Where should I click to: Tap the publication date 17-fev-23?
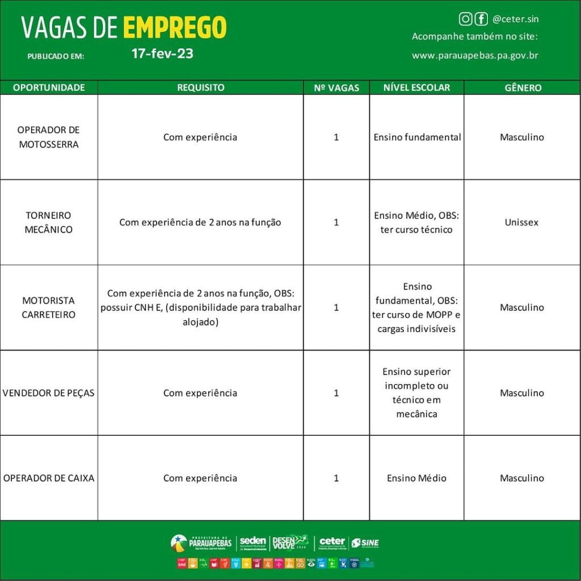(x=162, y=54)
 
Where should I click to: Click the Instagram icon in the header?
(x=465, y=19)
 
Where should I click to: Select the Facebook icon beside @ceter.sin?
(x=481, y=19)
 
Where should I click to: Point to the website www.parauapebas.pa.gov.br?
(x=475, y=56)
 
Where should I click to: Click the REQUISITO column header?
(x=200, y=88)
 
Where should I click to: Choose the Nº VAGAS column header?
(x=336, y=88)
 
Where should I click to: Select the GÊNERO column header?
(x=523, y=88)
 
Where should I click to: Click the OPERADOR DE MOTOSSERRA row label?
(x=49, y=137)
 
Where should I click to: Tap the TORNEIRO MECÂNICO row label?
(x=49, y=222)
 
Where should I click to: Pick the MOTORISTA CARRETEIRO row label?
(x=49, y=308)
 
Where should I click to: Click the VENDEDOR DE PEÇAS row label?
(x=49, y=393)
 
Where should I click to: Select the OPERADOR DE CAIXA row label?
(x=49, y=478)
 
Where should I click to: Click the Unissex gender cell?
(x=521, y=222)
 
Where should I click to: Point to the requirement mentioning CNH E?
(x=200, y=308)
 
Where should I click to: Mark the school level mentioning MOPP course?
(x=416, y=308)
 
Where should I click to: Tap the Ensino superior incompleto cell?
(x=416, y=393)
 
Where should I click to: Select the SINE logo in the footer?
(x=365, y=543)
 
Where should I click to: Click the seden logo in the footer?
(x=253, y=543)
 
